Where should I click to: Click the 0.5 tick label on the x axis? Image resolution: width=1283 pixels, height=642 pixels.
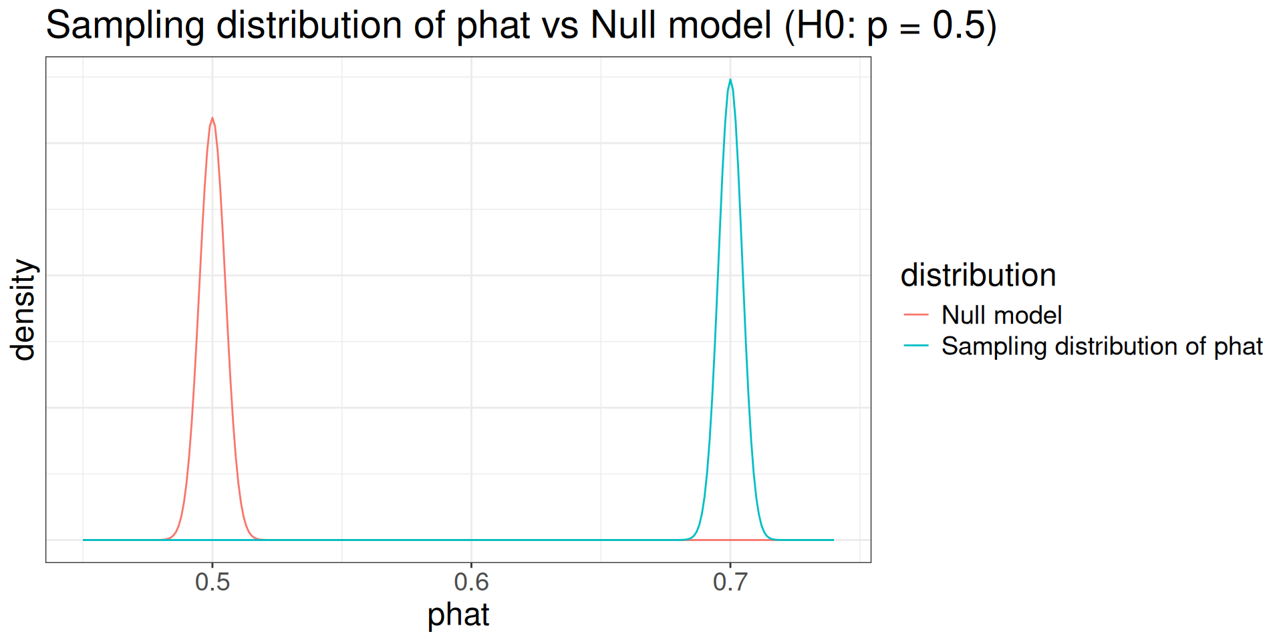(212, 582)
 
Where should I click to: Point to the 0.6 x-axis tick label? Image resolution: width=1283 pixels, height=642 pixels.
(471, 582)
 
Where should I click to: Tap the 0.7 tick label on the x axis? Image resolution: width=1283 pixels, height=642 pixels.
(730, 582)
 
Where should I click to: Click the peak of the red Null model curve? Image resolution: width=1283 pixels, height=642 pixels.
(212, 118)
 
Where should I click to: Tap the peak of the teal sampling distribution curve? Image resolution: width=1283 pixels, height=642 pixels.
(730, 80)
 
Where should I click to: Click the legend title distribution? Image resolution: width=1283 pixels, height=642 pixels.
(978, 276)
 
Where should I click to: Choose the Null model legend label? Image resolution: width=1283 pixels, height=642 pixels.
(1002, 315)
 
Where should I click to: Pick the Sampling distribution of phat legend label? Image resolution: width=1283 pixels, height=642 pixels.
(1102, 346)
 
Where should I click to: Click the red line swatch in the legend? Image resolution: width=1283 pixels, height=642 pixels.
(916, 314)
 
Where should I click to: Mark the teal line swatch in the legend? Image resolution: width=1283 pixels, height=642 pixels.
(916, 346)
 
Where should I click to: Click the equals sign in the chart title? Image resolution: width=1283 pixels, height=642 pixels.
(910, 28)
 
